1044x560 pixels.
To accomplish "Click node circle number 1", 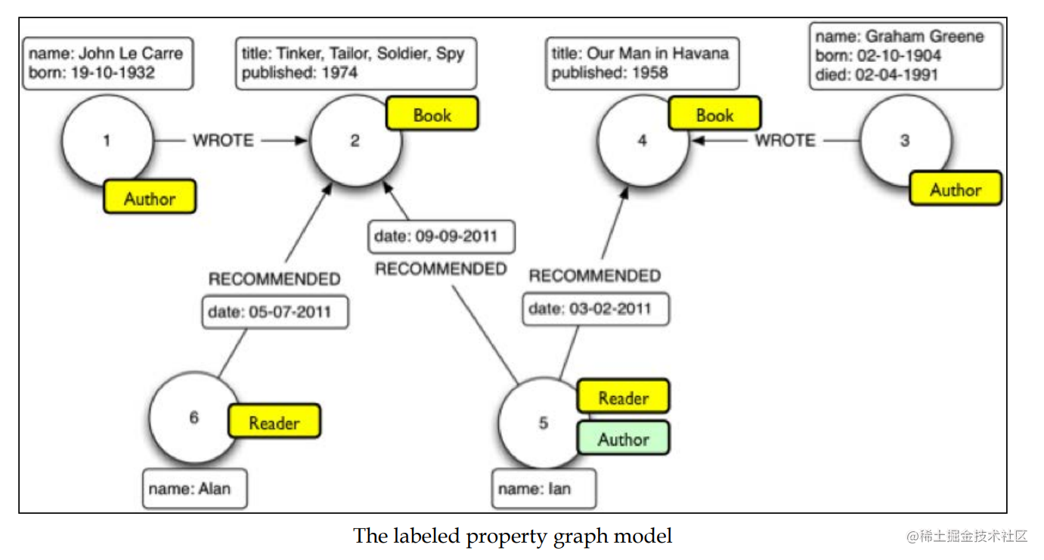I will (x=107, y=141).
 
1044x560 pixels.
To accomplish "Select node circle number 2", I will (x=355, y=141).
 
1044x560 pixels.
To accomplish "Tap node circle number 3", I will (x=904, y=141).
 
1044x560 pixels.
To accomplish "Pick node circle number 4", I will (x=643, y=141).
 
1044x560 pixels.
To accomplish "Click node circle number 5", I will (x=543, y=423).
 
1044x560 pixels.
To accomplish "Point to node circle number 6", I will (x=194, y=417).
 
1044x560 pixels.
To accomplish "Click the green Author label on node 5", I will (x=623, y=438).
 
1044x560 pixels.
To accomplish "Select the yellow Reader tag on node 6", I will (x=274, y=422).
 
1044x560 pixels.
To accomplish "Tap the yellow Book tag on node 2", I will (x=432, y=114).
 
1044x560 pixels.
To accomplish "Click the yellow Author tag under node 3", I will (x=955, y=189).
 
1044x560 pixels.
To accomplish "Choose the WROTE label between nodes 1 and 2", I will (x=223, y=141).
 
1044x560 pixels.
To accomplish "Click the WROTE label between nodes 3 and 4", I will (x=785, y=141).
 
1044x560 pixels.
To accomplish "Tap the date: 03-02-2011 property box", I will (x=595, y=309).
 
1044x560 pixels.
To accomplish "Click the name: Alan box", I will (x=194, y=489).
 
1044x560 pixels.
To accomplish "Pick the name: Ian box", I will (x=544, y=489).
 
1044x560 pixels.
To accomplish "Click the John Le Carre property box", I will (x=107, y=63).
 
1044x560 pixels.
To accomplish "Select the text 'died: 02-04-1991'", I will (x=876, y=75).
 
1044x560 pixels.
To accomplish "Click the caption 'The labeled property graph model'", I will (x=512, y=536).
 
